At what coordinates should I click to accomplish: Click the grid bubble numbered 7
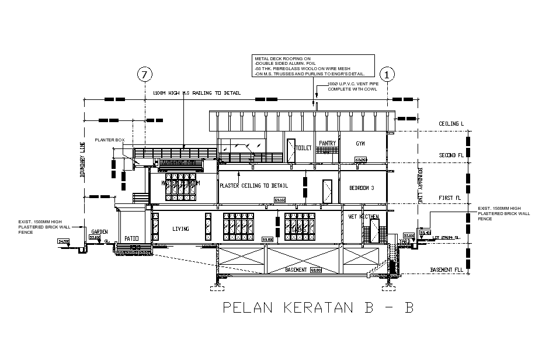click(x=144, y=74)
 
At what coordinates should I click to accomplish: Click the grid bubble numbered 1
click(x=387, y=74)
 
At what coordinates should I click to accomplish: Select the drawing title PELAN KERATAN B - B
click(x=318, y=308)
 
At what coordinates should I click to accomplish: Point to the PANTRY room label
click(x=327, y=143)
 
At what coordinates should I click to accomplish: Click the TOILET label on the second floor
click(x=304, y=148)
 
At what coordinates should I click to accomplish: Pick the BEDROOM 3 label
click(x=362, y=188)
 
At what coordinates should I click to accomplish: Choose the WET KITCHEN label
click(x=363, y=217)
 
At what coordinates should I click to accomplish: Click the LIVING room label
click(x=180, y=229)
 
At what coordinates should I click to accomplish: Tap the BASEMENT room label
click(x=296, y=270)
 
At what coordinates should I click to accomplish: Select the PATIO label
click(x=131, y=238)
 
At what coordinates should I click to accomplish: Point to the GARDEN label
click(x=99, y=232)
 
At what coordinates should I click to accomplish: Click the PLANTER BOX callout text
click(x=110, y=140)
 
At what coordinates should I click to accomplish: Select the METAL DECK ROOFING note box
click(x=313, y=67)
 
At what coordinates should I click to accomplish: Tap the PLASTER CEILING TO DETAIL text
click(x=253, y=186)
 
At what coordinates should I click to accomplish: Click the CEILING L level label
click(x=451, y=124)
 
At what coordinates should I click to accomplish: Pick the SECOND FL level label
click(x=451, y=155)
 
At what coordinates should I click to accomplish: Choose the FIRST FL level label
click(x=450, y=199)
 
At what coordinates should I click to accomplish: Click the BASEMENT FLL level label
click(x=447, y=270)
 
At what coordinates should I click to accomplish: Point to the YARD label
click(x=404, y=240)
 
